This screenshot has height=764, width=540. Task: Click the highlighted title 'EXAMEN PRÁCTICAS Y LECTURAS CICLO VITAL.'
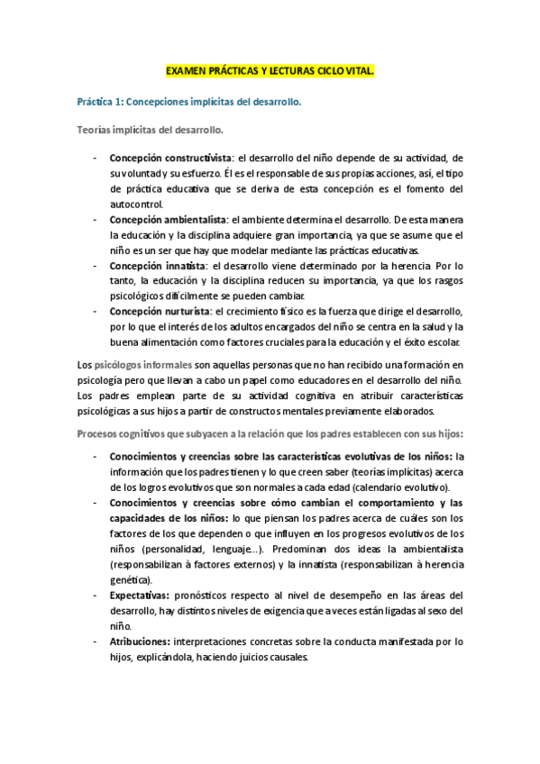[270, 69]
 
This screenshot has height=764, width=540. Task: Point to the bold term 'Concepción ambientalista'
[166, 219]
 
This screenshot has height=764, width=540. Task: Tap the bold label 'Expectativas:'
[140, 596]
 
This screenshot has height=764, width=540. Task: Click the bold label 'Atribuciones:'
[141, 641]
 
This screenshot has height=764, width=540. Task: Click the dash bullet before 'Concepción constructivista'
[96, 159]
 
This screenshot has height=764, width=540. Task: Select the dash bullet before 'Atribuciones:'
[96, 642]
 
